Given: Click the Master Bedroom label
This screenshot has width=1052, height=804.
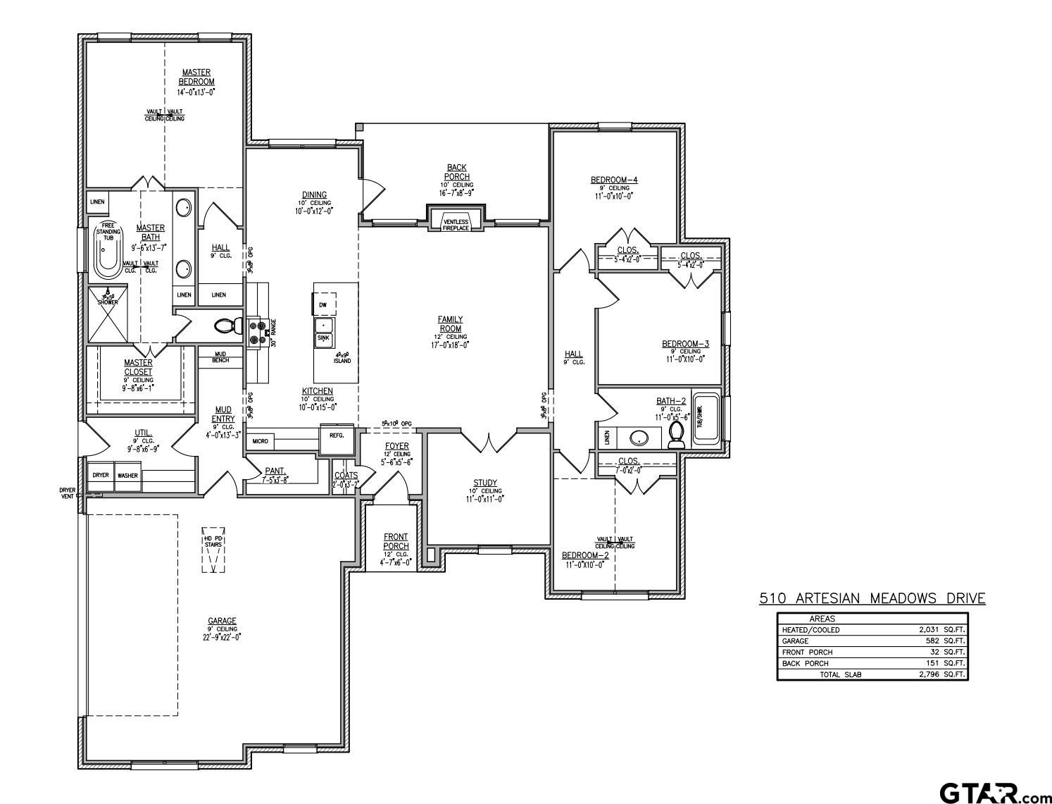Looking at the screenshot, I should point(196,77).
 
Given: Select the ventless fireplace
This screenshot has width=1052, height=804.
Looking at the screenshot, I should point(456,225).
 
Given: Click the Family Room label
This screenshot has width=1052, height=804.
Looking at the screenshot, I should point(451,324).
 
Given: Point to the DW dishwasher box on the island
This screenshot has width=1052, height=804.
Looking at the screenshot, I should point(324,304).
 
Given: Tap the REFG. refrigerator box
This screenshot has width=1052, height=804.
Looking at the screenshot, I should point(337,435).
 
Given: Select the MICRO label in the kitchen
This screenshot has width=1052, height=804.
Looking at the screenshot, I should point(259,442).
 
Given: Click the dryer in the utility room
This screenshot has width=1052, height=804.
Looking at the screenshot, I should point(101,476).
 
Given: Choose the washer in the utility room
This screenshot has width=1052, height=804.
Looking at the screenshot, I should point(127,476).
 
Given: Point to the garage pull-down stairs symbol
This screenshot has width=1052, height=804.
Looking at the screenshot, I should point(213,550).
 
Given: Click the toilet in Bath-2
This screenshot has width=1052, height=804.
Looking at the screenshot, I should point(677,435).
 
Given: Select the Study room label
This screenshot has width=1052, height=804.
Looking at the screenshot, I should point(485,483).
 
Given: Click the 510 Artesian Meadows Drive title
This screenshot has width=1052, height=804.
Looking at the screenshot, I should point(872,599).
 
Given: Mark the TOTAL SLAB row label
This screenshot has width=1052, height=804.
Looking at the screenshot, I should point(840,674).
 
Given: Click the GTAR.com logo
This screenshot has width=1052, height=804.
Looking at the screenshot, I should point(994,793).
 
